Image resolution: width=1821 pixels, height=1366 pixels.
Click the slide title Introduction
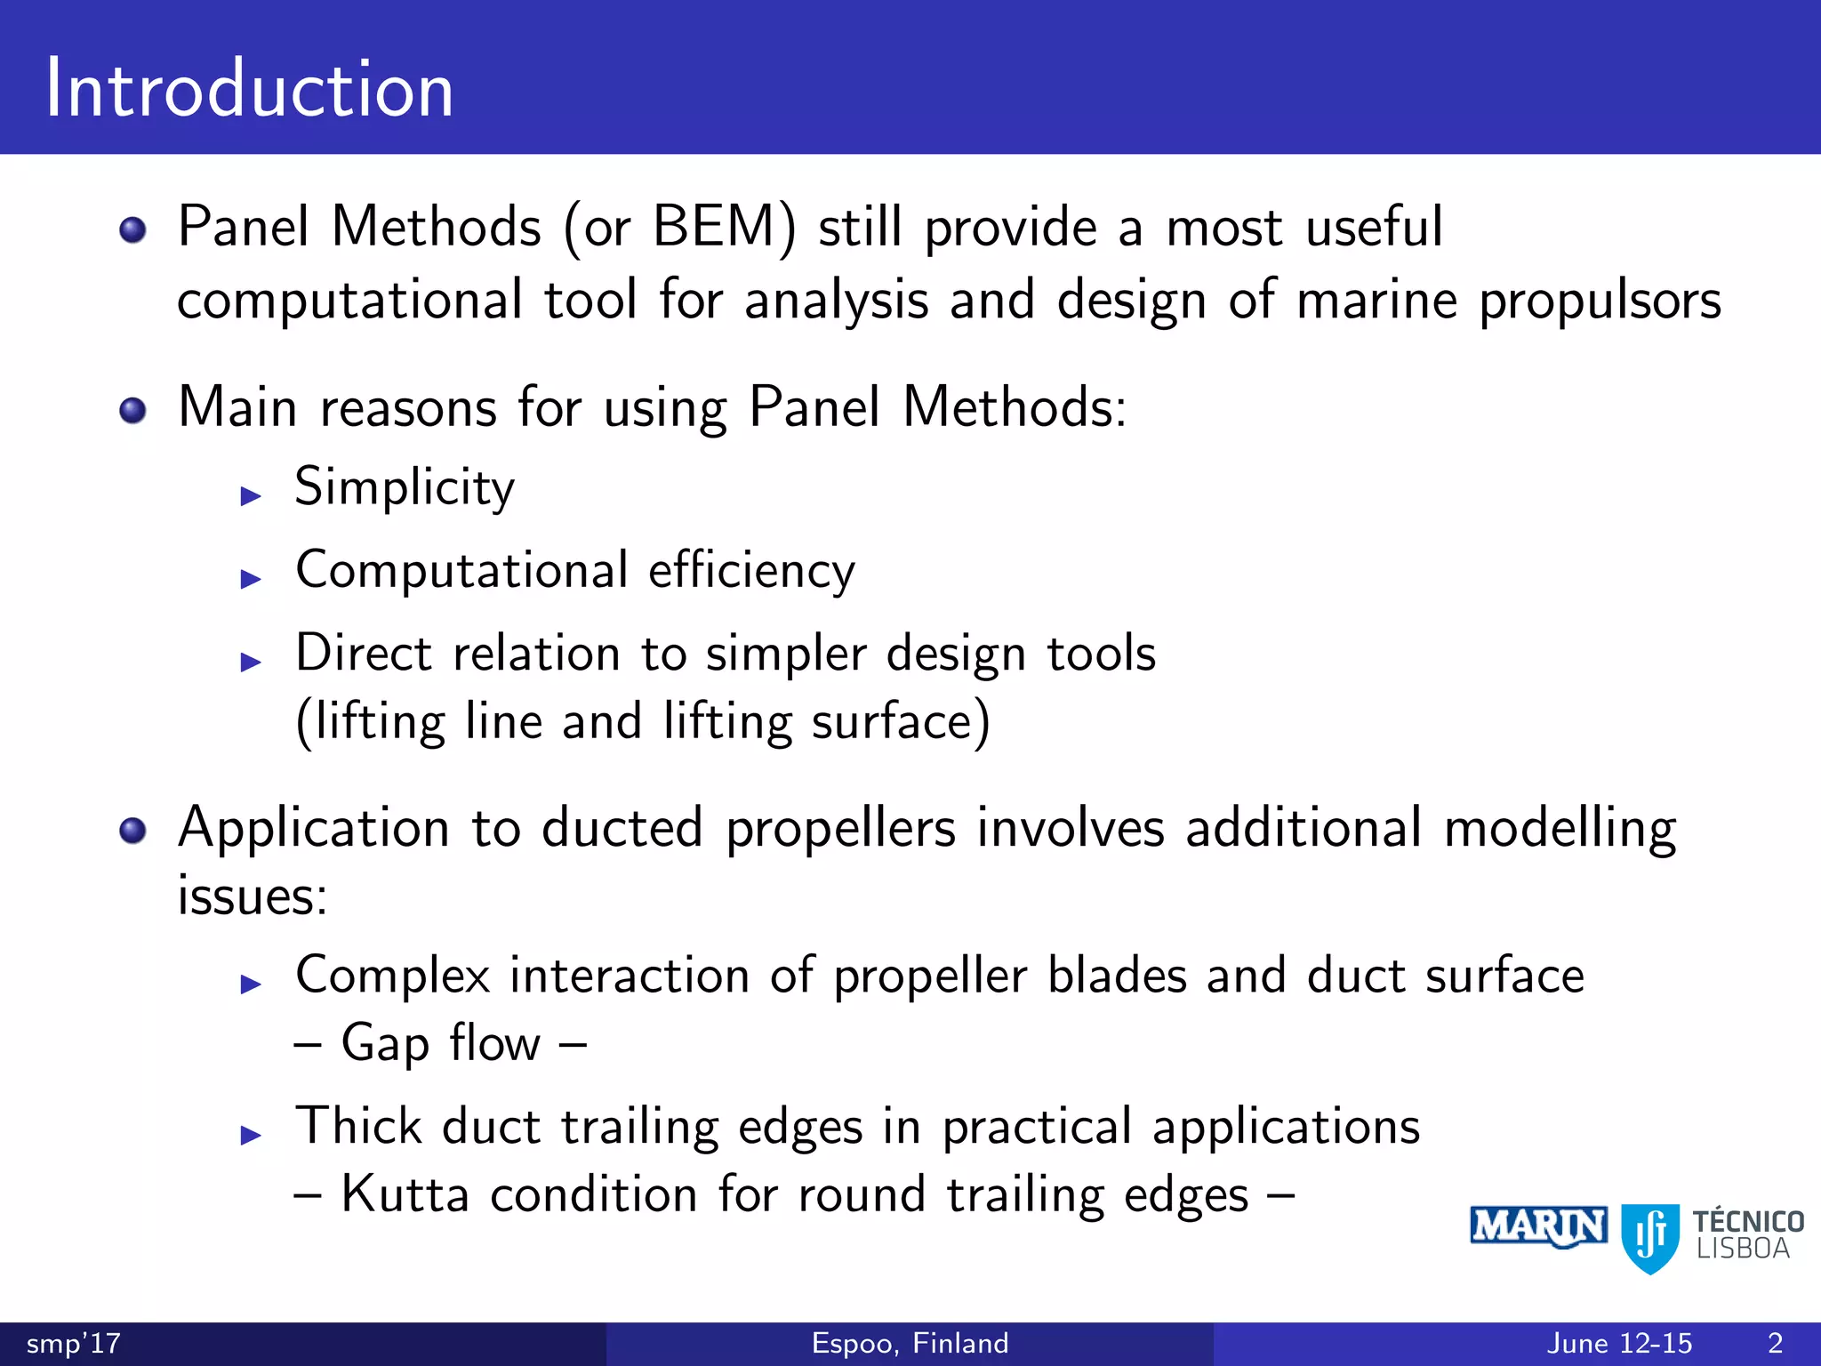click(250, 89)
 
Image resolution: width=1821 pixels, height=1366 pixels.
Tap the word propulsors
click(1600, 301)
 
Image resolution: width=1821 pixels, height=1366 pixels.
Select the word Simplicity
click(405, 488)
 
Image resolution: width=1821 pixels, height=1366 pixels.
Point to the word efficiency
click(751, 570)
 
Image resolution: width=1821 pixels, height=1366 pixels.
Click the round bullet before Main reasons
click(133, 410)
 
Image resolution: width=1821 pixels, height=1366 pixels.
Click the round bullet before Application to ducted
click(133, 831)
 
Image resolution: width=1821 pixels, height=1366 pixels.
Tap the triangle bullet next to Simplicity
click(251, 496)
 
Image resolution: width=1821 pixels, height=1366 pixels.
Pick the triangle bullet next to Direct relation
click(251, 662)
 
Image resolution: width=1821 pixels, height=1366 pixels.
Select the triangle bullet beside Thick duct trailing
click(251, 1135)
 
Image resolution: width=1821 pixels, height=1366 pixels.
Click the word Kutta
click(405, 1194)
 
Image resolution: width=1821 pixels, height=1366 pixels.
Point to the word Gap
click(385, 1044)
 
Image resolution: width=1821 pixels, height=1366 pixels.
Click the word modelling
click(1560, 829)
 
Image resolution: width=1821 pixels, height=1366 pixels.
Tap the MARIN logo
click(1538, 1227)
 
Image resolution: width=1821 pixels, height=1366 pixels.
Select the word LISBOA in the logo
click(1743, 1249)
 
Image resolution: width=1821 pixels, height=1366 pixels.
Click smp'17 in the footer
click(73, 1343)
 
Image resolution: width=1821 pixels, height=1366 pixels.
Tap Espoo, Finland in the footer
click(910, 1343)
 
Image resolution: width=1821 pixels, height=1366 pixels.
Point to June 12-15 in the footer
click(1619, 1343)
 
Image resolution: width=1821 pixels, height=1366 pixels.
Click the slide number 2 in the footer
click(1775, 1343)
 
